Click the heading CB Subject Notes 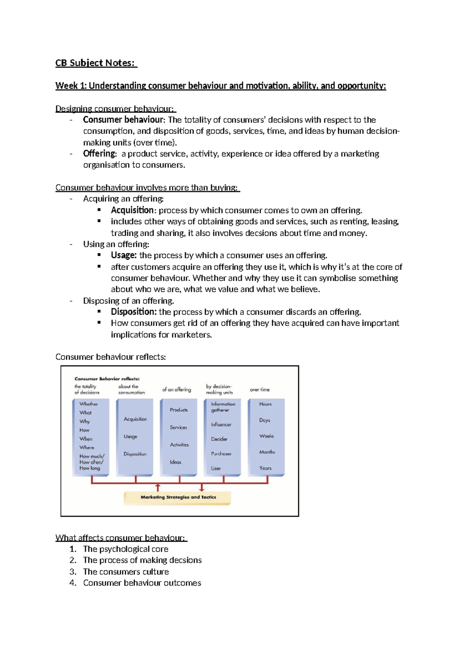pos(96,63)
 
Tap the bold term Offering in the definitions pos(99,154)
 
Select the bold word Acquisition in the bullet pos(132,210)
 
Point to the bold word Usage pos(123,255)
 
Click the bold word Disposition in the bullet pos(133,312)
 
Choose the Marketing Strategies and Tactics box pos(178,497)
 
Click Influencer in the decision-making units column pos(221,425)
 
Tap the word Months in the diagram pos(267,452)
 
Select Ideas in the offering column pos(176,462)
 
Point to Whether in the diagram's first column pos(89,404)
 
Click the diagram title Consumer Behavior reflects pos(107,379)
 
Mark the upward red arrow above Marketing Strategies pos(158,487)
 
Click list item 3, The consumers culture pos(126,572)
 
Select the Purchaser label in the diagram pos(221,454)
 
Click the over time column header pos(260,390)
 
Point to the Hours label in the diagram pos(265,404)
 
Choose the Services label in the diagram pos(179,427)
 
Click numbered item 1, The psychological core pos(125,549)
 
